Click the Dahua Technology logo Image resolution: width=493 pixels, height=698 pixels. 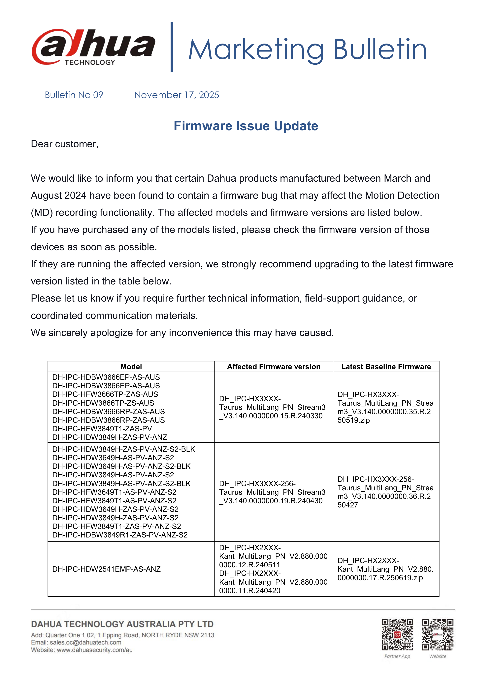pos(93,47)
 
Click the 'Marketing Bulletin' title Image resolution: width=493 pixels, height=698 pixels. pos(307,49)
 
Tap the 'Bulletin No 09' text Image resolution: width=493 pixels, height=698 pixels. pos(74,95)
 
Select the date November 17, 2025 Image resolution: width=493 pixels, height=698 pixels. pos(177,95)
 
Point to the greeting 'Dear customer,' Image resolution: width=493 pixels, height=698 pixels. pos(65,144)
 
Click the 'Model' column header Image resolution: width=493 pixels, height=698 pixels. pos(131,367)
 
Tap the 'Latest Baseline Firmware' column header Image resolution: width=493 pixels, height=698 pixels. pos(386,367)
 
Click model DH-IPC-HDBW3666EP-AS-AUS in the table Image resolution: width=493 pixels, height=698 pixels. pos(106,377)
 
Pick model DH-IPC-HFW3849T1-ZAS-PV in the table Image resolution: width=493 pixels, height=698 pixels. pos(102,429)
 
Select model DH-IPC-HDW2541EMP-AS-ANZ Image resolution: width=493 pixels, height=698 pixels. pos(106,569)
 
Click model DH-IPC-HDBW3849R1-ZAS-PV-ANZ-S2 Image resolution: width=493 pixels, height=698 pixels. pos(120,535)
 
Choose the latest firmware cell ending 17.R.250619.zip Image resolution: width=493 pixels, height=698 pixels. pos(385,569)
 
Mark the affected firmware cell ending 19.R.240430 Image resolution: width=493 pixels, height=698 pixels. pos(272,492)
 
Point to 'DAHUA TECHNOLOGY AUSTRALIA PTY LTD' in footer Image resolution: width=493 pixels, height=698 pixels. pos(122,624)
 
